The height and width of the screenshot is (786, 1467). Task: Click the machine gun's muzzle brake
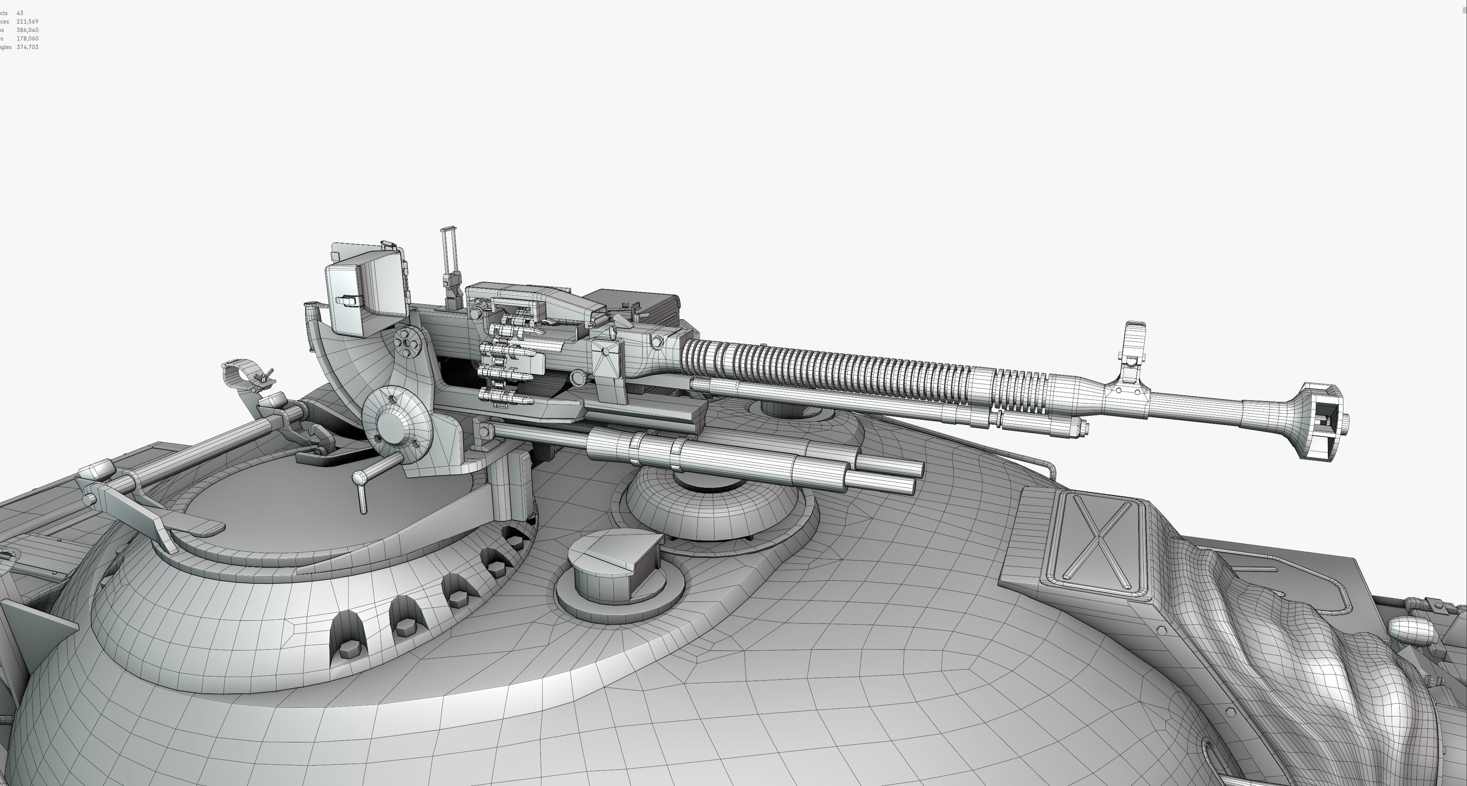point(1322,421)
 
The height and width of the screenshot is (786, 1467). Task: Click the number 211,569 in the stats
point(27,22)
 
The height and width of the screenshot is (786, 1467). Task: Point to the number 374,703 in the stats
point(27,47)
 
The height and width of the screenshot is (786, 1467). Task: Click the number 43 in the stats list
point(20,13)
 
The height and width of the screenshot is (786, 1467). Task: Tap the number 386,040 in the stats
point(27,30)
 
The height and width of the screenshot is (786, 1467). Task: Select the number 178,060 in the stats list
point(27,39)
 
